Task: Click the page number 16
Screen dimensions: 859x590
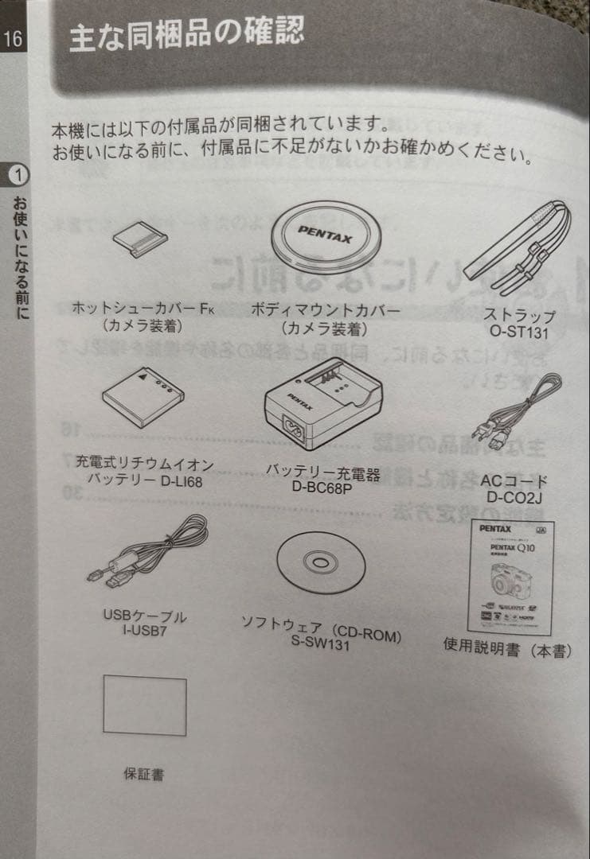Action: pos(14,37)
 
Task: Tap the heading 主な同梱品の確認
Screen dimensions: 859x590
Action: pos(186,36)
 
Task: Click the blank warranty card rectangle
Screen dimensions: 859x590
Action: pos(144,706)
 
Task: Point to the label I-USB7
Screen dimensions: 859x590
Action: pos(143,631)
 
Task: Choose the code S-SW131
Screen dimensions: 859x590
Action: pos(321,643)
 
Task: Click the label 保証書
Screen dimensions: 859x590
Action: pos(143,773)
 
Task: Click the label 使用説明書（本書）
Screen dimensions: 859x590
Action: pos(507,650)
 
